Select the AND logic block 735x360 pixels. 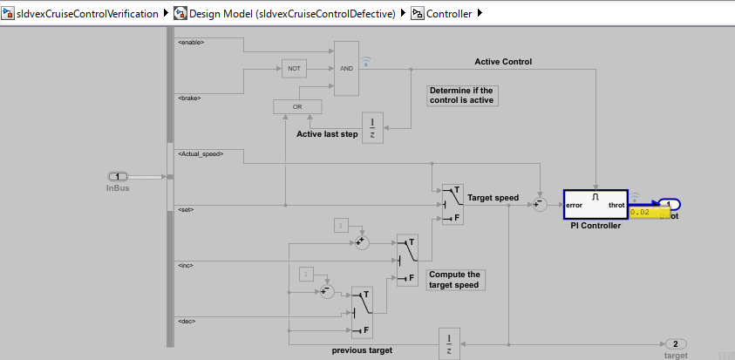[346, 68]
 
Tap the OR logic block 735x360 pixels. [296, 106]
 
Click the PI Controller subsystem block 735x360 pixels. [595, 205]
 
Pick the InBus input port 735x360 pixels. [118, 177]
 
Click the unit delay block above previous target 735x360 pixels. [448, 343]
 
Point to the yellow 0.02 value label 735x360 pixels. [650, 212]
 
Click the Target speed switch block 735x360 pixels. [453, 204]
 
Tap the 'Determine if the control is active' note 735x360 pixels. [461, 95]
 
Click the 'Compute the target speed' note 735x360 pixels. [454, 279]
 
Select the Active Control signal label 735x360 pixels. [503, 62]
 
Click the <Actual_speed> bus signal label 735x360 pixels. [200, 153]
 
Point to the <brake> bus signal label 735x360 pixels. [189, 98]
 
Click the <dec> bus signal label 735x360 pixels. [186, 321]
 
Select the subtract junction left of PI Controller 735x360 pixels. [540, 204]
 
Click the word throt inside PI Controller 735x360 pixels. [617, 206]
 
